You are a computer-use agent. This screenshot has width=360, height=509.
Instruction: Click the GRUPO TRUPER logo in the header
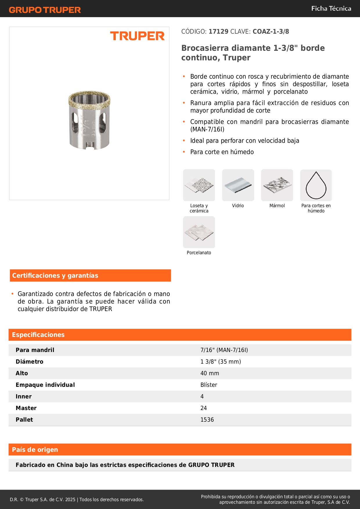click(45, 10)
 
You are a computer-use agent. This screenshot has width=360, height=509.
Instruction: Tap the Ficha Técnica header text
click(331, 9)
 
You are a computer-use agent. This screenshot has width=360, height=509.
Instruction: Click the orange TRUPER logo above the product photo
click(137, 36)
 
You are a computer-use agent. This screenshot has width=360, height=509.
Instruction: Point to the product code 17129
click(218, 32)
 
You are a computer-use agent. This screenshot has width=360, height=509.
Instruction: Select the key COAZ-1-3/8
click(271, 32)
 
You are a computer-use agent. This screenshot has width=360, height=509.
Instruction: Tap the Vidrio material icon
click(238, 185)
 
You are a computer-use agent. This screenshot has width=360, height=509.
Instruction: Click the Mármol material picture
click(277, 185)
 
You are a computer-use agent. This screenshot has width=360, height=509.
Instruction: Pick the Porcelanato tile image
click(199, 232)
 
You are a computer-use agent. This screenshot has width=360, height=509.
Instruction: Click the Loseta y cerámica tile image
click(199, 185)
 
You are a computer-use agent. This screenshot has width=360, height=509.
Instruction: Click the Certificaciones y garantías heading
click(55, 276)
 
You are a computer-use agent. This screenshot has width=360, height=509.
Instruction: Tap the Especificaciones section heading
click(38, 335)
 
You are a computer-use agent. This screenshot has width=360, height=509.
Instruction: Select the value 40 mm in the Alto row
click(210, 373)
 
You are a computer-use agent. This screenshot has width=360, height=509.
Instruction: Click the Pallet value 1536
click(207, 420)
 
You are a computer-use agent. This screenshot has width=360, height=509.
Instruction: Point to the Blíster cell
click(209, 385)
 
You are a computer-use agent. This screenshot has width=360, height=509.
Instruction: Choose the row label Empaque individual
click(45, 385)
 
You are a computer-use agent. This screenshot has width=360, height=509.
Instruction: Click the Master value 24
click(204, 408)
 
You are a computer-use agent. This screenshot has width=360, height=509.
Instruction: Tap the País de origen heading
click(35, 450)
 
